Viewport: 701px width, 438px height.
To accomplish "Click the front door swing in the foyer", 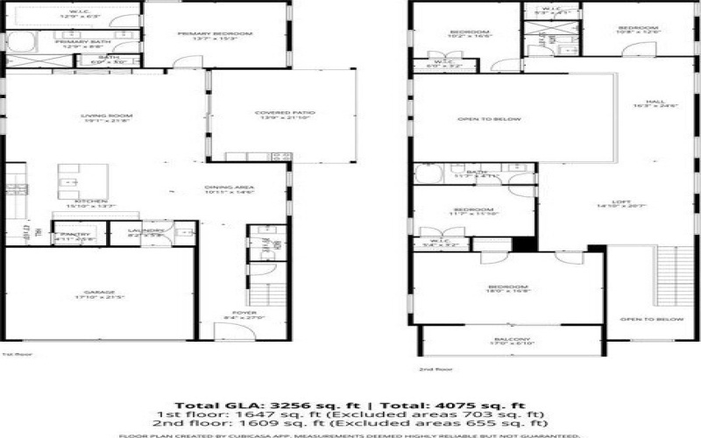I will [225, 333].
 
